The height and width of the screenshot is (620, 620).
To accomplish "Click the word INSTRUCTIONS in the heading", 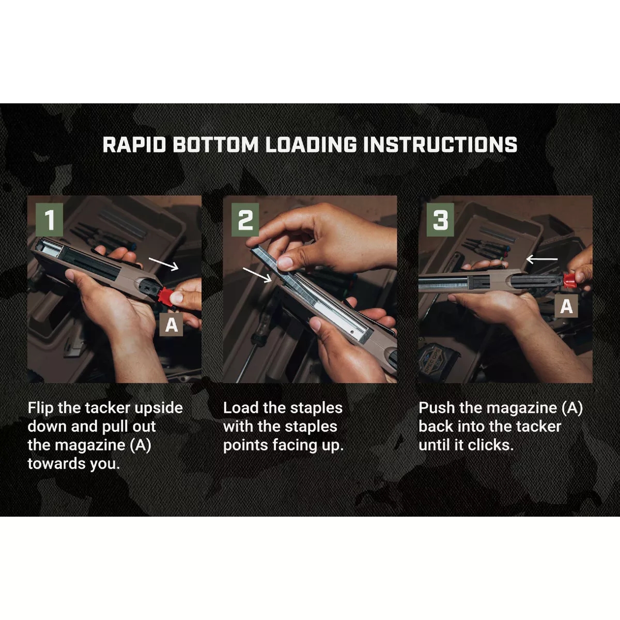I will pos(440,145).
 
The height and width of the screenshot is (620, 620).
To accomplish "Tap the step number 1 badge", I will pos(50,220).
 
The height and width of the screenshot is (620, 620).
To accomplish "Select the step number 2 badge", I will pos(245,220).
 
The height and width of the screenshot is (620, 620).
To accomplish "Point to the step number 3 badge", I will pos(441,220).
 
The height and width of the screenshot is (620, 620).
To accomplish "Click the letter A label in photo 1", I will pos(171,324).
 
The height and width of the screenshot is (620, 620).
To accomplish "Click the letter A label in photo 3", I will pos(567,306).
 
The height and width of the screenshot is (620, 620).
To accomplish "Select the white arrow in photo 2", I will pos(257,274).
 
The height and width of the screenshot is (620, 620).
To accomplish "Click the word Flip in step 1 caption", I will pos(40,408).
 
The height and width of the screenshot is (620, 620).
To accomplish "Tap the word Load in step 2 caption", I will pos(241,408).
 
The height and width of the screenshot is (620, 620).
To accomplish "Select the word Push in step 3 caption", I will pos(437,408).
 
